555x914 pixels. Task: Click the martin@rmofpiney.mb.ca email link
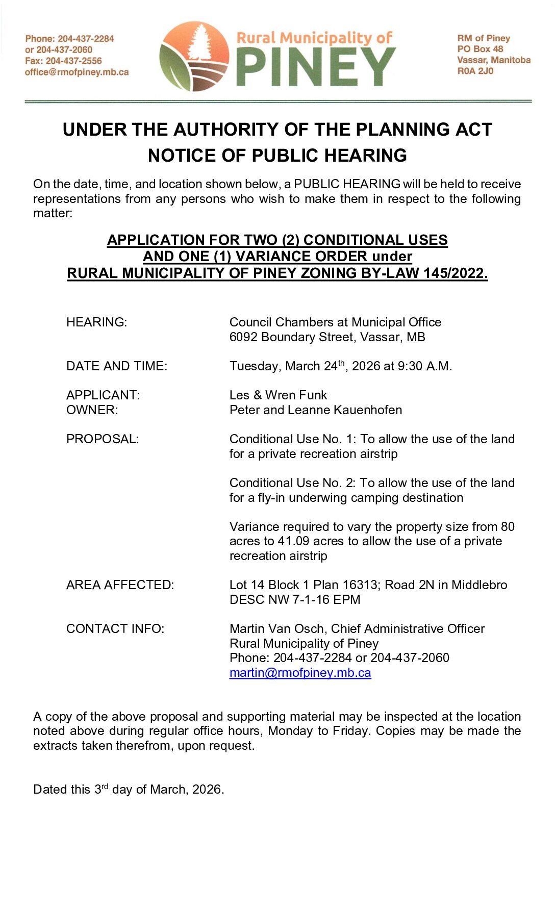coord(300,673)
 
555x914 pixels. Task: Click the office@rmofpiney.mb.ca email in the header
coord(77,72)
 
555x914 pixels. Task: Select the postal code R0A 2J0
coord(475,71)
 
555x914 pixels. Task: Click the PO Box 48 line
coord(480,49)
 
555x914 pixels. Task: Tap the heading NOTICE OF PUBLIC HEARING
coord(277,156)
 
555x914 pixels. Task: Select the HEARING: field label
coord(96,322)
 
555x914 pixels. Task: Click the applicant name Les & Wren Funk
coord(278,395)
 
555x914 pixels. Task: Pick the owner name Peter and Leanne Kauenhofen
coord(315,410)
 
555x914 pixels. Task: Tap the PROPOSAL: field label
coord(102,439)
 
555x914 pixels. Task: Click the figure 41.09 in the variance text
coord(293,541)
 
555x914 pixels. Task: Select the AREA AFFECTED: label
coord(120,585)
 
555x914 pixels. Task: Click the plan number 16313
coord(359,585)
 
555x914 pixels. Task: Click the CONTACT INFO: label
coord(115,629)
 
